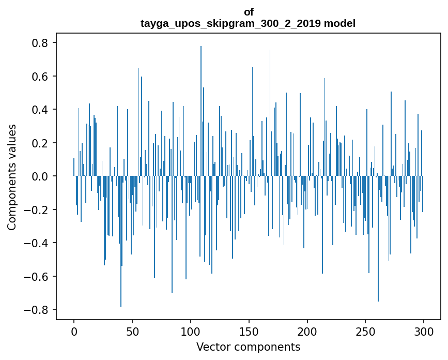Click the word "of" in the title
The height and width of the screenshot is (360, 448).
249,12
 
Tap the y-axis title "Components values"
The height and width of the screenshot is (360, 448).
12,177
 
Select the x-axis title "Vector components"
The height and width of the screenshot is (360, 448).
248,347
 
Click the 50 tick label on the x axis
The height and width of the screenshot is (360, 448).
132,331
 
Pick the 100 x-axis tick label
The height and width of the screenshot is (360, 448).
191,331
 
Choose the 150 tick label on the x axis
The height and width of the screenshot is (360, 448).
249,331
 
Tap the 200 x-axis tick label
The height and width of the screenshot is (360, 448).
307,331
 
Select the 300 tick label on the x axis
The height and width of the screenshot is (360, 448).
424,331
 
